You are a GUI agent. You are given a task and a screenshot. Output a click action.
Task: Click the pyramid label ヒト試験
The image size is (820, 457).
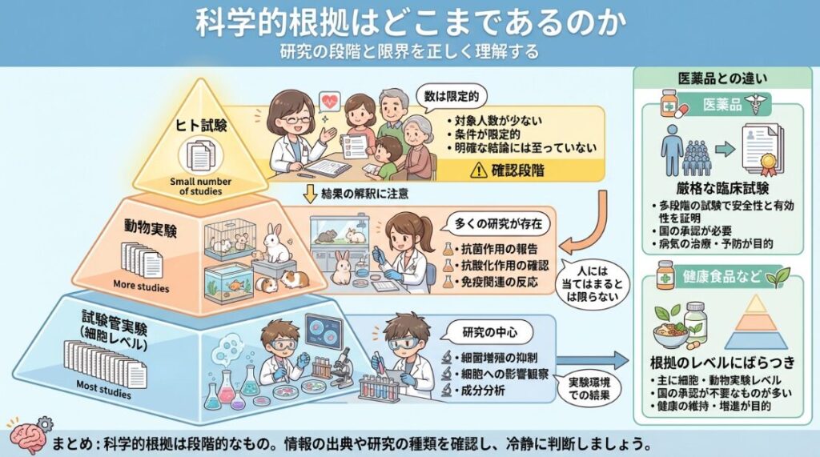pos(201,126)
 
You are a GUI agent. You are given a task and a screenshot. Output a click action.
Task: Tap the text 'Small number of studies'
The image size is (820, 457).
pos(200,186)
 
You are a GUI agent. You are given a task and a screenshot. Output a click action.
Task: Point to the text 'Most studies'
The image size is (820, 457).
pos(103,388)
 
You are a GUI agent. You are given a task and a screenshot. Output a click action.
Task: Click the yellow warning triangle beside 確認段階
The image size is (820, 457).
pos(479,170)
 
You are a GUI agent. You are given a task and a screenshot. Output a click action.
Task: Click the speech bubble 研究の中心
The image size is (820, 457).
pos(489,332)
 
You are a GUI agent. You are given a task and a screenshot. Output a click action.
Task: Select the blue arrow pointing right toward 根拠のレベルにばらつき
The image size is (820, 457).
pos(593,360)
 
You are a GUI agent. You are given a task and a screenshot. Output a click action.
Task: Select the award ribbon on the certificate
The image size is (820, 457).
pos(768,163)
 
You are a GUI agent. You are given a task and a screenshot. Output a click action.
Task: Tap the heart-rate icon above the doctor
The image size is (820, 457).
pos(329,102)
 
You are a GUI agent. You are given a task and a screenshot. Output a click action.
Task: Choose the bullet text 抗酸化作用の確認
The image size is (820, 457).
pos(502,266)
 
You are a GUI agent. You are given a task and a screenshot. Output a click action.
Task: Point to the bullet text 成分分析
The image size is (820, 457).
pos(480,391)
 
